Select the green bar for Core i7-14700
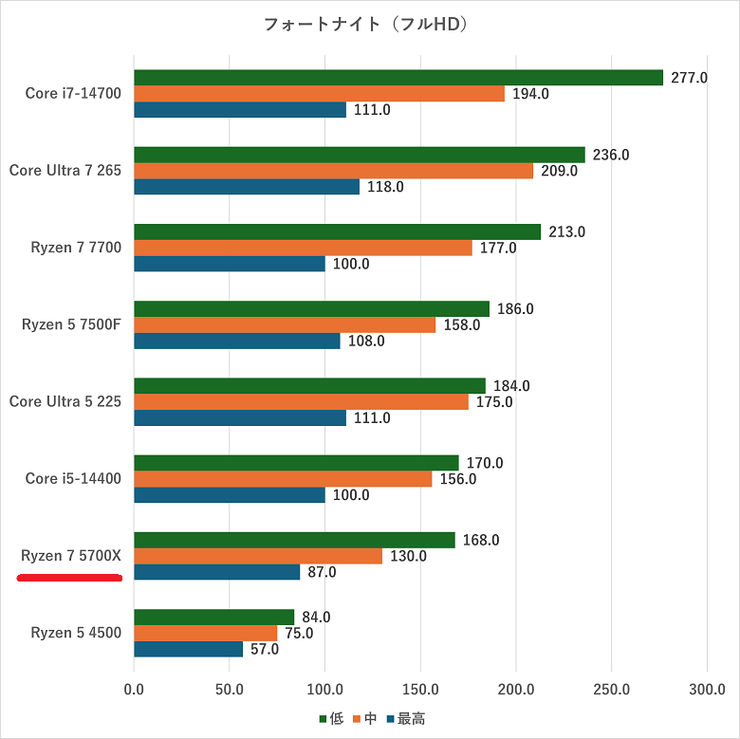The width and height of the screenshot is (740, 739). click(x=398, y=78)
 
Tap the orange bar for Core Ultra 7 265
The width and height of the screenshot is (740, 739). click(x=333, y=171)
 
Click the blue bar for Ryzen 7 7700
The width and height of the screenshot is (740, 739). click(x=230, y=264)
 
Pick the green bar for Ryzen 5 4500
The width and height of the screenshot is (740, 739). click(x=214, y=618)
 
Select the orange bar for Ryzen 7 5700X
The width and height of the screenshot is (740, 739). click(x=258, y=556)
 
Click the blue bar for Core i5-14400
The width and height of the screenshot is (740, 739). click(x=230, y=495)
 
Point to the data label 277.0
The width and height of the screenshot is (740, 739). click(x=689, y=78)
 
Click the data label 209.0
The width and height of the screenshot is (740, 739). click(x=559, y=172)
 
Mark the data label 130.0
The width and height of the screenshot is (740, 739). click(x=408, y=557)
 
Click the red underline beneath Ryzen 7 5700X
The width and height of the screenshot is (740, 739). click(x=71, y=578)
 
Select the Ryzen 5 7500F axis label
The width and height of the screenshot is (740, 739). click(x=71, y=324)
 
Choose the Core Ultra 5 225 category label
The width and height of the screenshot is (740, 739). click(x=65, y=401)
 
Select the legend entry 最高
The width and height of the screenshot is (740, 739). click(x=405, y=719)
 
